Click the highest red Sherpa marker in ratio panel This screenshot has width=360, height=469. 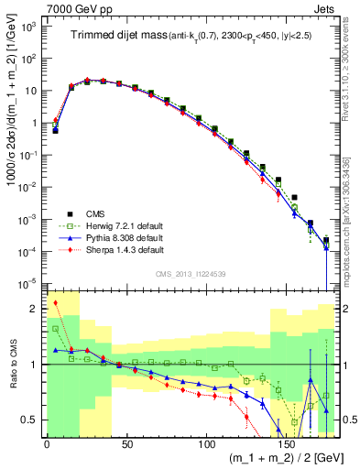pos(55,303)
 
